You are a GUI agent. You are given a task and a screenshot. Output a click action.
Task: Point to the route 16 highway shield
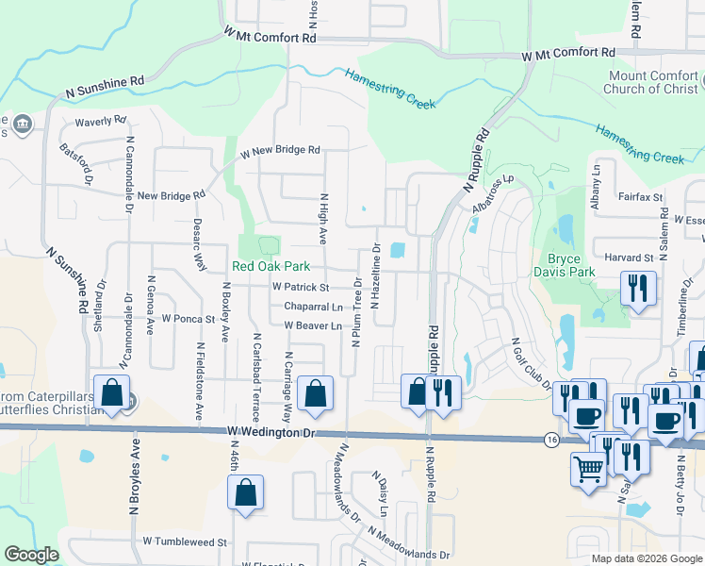point(549,439)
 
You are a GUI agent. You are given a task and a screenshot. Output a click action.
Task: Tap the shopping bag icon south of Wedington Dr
point(245,493)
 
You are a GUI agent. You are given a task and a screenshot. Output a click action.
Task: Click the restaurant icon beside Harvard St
point(638,289)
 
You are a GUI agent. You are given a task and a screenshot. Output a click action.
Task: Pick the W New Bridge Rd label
point(280,151)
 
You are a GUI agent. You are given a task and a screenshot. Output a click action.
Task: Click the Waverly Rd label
point(101,122)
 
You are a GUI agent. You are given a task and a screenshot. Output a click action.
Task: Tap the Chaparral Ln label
point(313,307)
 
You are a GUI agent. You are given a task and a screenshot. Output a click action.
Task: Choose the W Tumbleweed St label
point(186,542)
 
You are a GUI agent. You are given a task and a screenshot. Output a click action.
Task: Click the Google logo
point(31,555)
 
